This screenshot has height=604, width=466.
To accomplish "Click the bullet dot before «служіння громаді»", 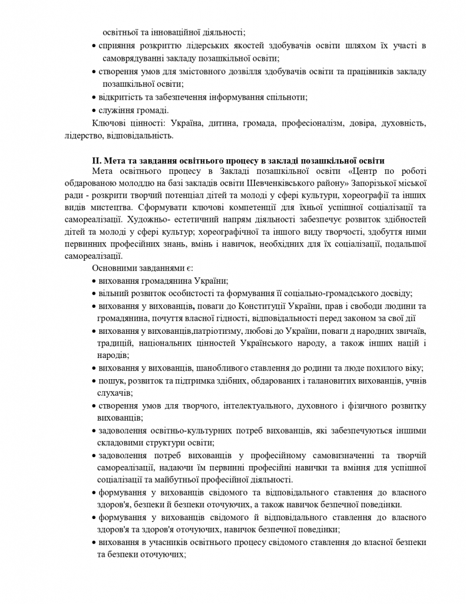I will (x=95, y=110).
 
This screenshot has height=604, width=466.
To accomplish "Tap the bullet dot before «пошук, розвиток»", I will (x=95, y=381).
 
